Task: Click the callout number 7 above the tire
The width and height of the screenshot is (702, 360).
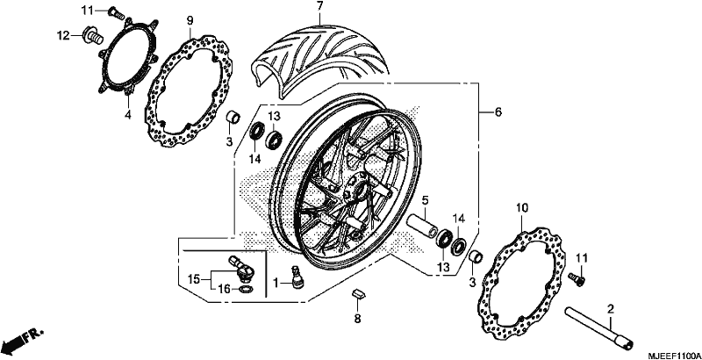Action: click(319, 6)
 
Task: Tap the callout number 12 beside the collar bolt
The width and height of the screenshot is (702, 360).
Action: click(63, 35)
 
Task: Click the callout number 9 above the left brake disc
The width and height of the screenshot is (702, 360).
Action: click(190, 20)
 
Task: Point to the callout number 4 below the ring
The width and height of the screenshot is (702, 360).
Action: click(128, 115)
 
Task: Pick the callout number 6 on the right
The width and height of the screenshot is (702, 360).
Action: click(498, 112)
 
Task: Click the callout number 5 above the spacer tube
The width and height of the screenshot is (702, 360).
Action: click(425, 199)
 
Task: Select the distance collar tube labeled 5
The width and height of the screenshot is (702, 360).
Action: click(422, 227)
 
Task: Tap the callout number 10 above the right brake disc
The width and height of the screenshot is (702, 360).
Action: click(522, 208)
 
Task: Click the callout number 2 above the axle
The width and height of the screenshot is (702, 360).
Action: click(610, 308)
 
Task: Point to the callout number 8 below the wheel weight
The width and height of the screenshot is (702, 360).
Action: click(357, 319)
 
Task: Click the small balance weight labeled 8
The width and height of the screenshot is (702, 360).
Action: click(358, 294)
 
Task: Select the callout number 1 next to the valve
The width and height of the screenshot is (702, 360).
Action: click(276, 283)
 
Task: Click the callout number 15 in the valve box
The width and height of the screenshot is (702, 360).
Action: click(193, 280)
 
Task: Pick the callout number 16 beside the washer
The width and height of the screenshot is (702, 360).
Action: click(226, 290)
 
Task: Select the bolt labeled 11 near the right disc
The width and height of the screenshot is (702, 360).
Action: click(577, 278)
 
